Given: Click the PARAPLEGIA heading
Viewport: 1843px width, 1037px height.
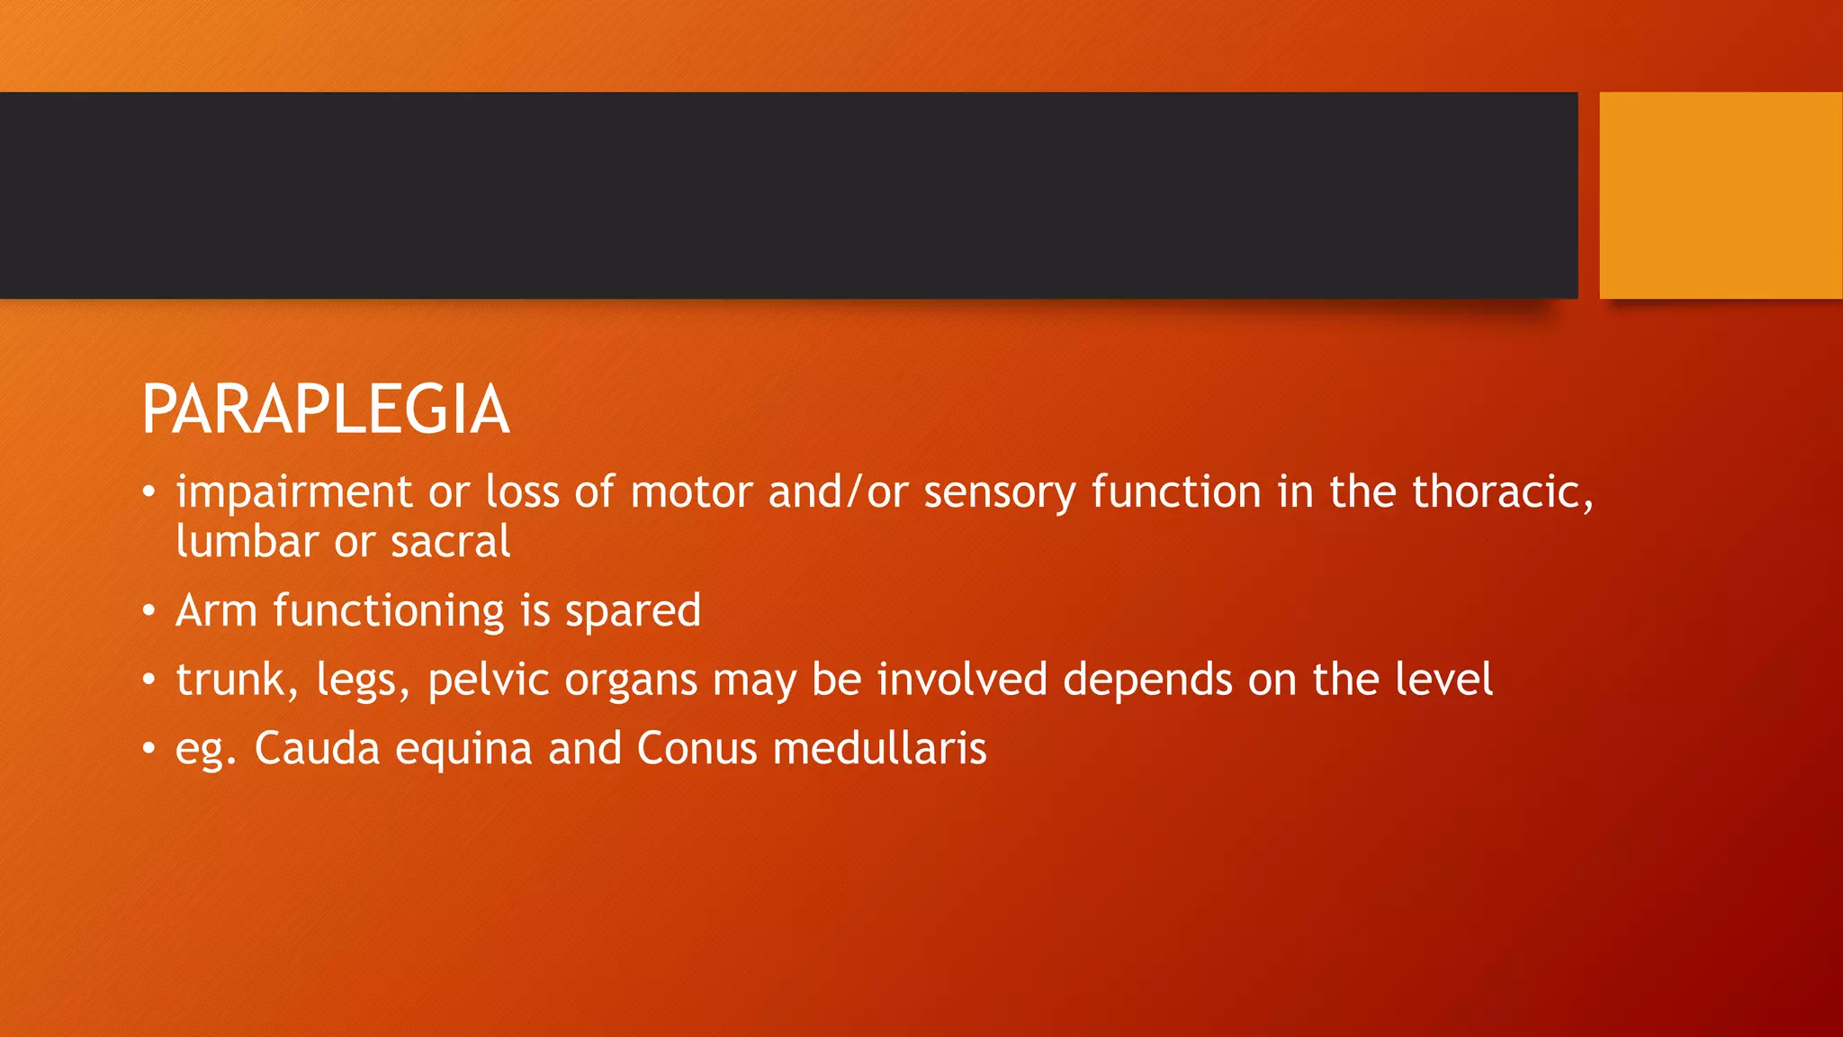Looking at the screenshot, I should pos(326,410).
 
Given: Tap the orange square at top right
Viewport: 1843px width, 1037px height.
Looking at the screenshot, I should pos(1721,194).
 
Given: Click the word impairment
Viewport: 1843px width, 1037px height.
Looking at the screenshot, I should pos(293,492).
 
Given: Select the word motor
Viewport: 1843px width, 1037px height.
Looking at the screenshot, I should pos(691,492).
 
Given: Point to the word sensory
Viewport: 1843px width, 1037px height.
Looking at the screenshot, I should pos(999,492).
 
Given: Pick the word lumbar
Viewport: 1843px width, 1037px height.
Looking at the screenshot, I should pos(247,542).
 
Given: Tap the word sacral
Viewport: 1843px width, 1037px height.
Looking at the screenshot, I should pos(450,542).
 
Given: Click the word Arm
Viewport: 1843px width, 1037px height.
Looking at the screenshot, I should pos(216,610).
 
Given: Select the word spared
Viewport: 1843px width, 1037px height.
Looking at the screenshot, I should pos(633,612).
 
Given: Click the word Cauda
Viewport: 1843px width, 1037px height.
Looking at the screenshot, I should pos(317,749).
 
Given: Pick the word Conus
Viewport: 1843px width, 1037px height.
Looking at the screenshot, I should pos(697,749).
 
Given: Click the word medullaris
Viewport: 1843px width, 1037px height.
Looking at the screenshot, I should pos(879,749).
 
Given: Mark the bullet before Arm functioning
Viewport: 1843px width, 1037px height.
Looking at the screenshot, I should pos(148,612).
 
